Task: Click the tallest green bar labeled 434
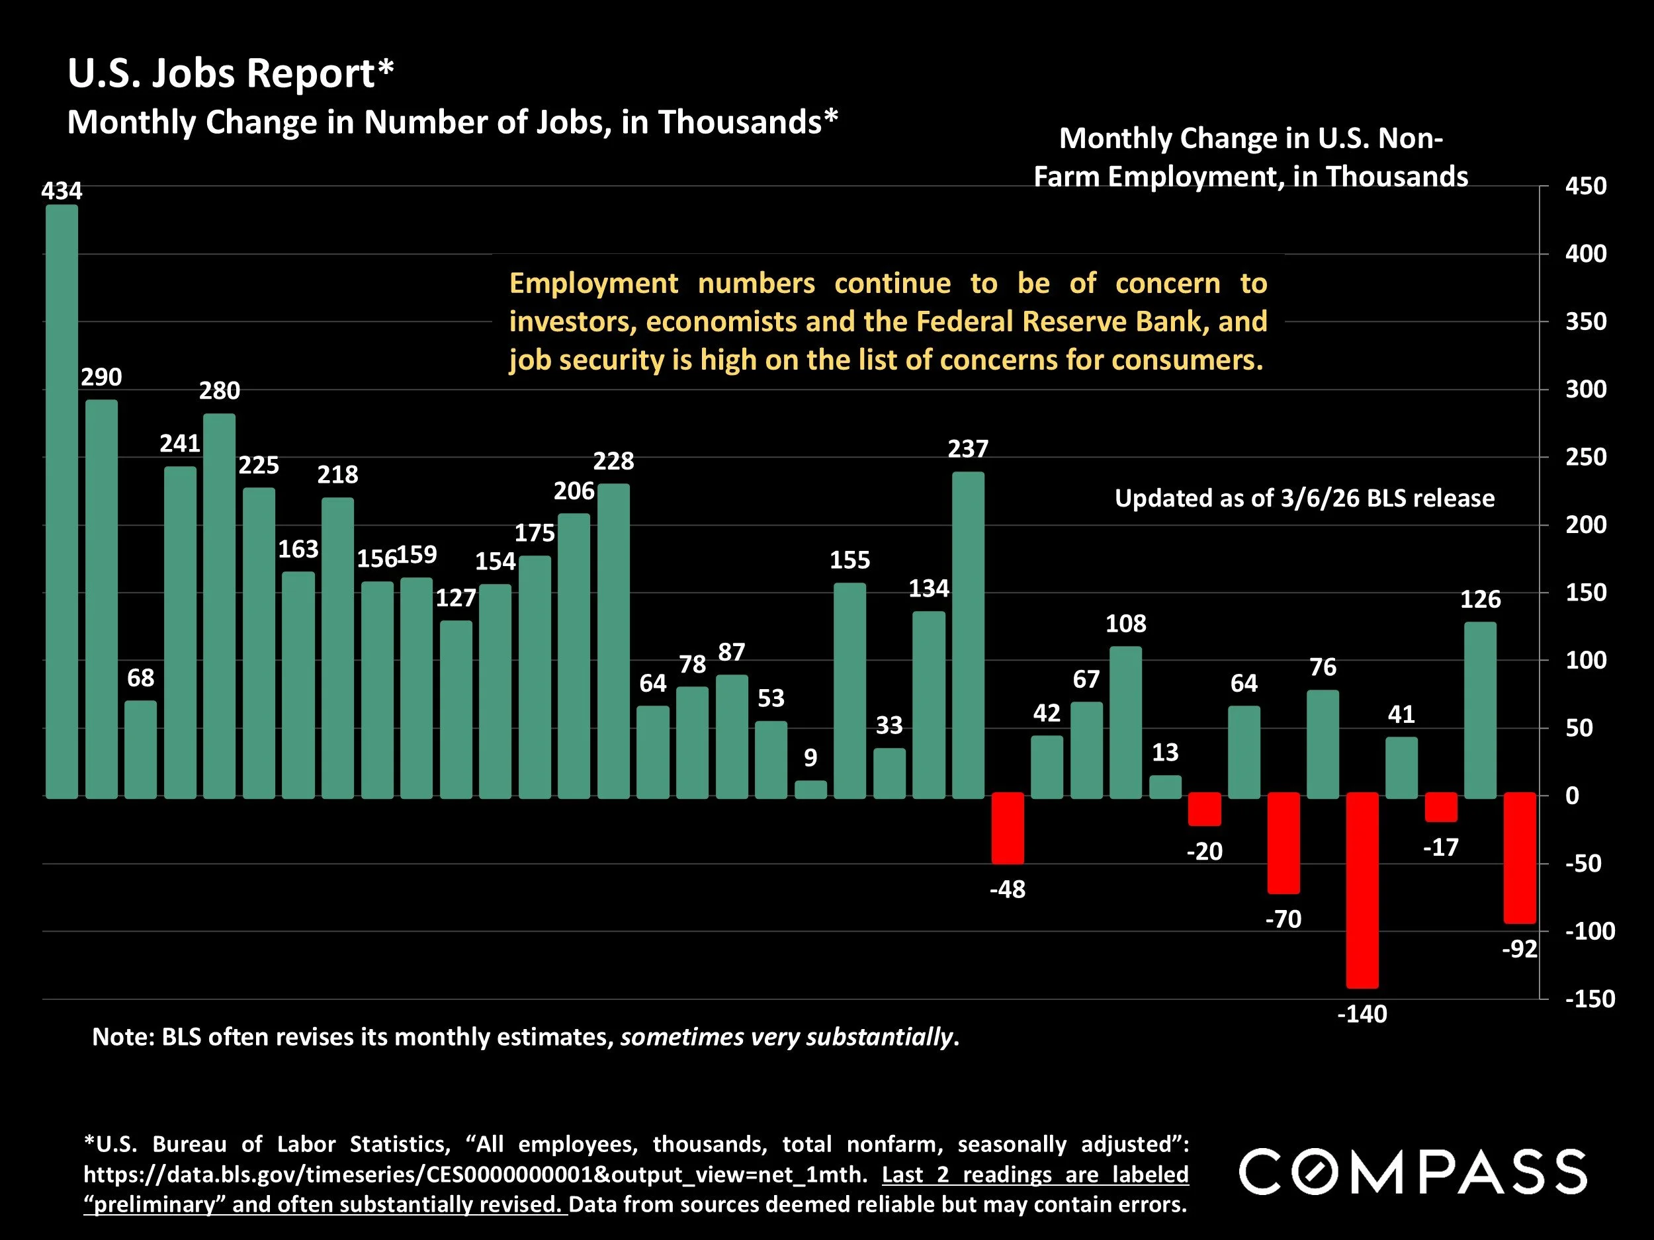pyautogui.click(x=62, y=501)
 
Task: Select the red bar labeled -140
pyautogui.click(x=1362, y=889)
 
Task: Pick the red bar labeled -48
pyautogui.click(x=1007, y=827)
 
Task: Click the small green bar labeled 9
pyautogui.click(x=810, y=789)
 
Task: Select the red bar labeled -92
pyautogui.click(x=1520, y=857)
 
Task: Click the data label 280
pyautogui.click(x=219, y=391)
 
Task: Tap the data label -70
pyautogui.click(x=1283, y=919)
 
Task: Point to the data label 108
pyautogui.click(x=1125, y=624)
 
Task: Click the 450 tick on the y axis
pyautogui.click(x=1585, y=186)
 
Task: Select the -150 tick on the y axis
pyautogui.click(x=1590, y=999)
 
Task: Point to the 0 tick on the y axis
pyautogui.click(x=1573, y=796)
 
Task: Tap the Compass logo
pyautogui.click(x=1413, y=1172)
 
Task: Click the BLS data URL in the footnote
pyautogui.click(x=475, y=1175)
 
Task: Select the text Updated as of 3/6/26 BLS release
pyautogui.click(x=1304, y=499)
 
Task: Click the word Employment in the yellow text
pyautogui.click(x=593, y=283)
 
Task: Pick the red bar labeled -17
pyautogui.click(x=1441, y=807)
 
